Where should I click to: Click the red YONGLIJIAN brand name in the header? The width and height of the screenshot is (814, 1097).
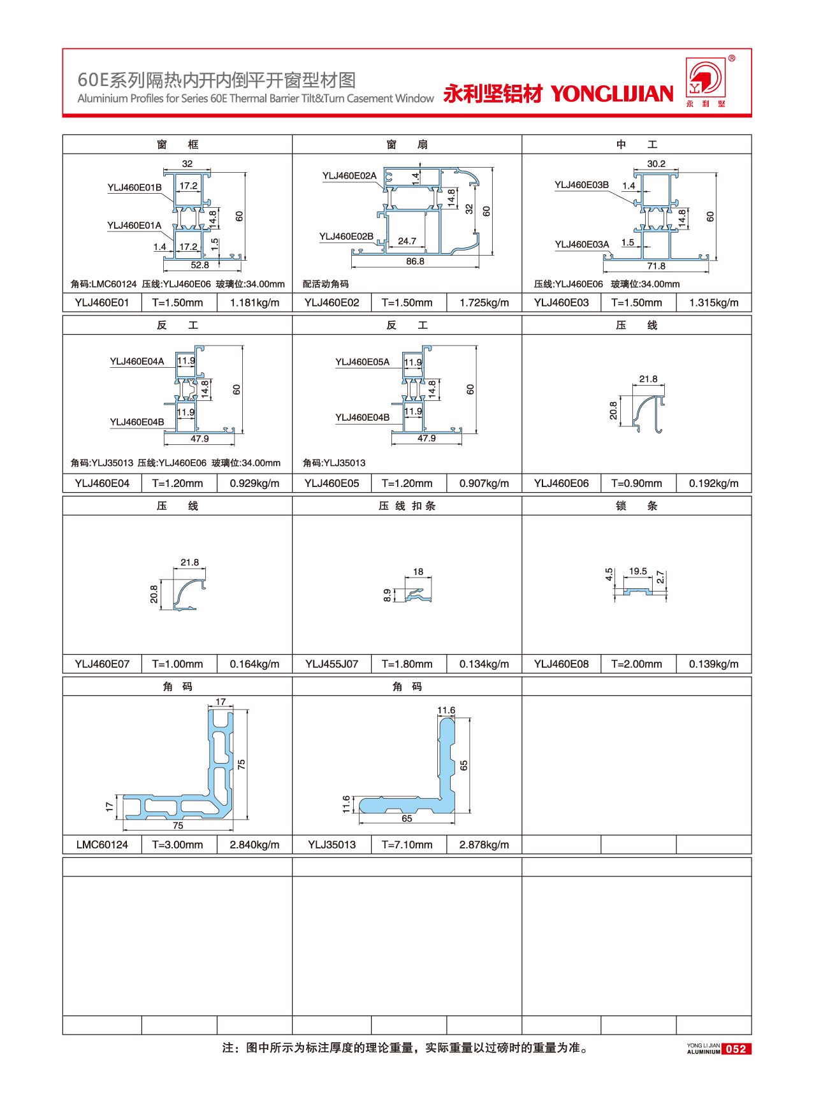tap(612, 94)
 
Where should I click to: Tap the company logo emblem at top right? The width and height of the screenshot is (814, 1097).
tap(704, 79)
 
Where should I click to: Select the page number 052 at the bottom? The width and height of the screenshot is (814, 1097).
tap(736, 1049)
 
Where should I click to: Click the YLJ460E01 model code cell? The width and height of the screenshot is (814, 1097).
tap(102, 303)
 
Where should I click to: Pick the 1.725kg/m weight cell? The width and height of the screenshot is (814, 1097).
tap(484, 303)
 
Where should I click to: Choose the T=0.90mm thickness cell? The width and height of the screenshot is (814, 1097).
tap(636, 483)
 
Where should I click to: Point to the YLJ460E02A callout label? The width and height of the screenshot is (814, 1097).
tap(349, 176)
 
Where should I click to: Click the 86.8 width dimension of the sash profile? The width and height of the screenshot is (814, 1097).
tap(415, 261)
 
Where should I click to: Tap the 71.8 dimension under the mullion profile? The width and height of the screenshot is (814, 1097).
tap(656, 266)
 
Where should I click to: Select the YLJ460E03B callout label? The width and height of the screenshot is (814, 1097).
tap(581, 185)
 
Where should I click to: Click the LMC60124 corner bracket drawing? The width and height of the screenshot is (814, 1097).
tap(191, 778)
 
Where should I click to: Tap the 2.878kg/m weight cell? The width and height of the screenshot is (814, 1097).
tap(484, 845)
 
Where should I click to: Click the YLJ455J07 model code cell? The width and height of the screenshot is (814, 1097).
tap(331, 664)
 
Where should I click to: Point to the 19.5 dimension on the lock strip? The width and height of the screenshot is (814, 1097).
tap(637, 571)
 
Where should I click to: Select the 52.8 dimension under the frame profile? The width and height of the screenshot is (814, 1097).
tap(200, 265)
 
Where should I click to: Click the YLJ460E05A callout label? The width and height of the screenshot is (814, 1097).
tap(362, 362)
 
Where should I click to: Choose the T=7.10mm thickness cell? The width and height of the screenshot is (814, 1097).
tap(407, 845)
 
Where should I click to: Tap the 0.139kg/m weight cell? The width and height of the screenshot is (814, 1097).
tap(713, 664)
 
